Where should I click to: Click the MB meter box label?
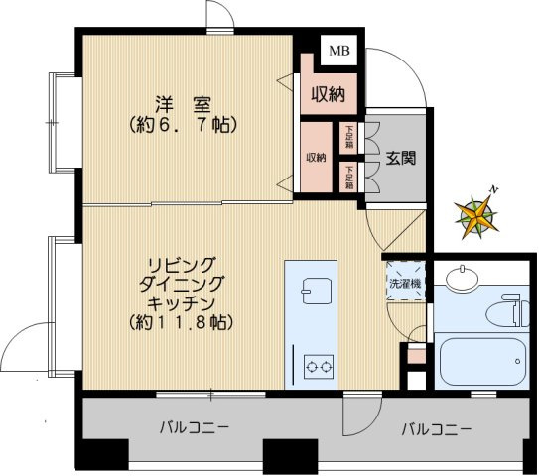pyautogui.click(x=339, y=50)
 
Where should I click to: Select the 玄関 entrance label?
pyautogui.click(x=401, y=157)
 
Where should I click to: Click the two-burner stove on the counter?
pyautogui.click(x=318, y=366)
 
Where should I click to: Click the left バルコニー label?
pyautogui.click(x=196, y=429)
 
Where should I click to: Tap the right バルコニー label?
pyautogui.click(x=437, y=430)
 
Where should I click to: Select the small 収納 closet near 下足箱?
pyautogui.click(x=316, y=158)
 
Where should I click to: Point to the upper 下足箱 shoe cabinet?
pyautogui.click(x=349, y=135)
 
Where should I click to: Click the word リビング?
pyautogui.click(x=181, y=264)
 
